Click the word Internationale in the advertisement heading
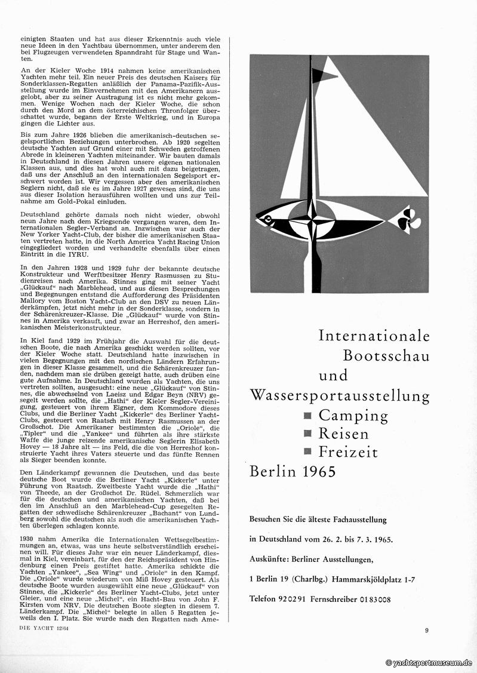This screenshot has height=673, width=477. coord(374,336)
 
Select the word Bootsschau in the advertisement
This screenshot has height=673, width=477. coord(386,355)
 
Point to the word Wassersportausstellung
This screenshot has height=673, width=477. coord(340,395)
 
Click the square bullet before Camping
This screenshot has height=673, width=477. coord(308,415)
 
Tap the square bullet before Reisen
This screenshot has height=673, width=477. coord(308,434)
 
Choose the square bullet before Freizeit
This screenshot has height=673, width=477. coord(308,452)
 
